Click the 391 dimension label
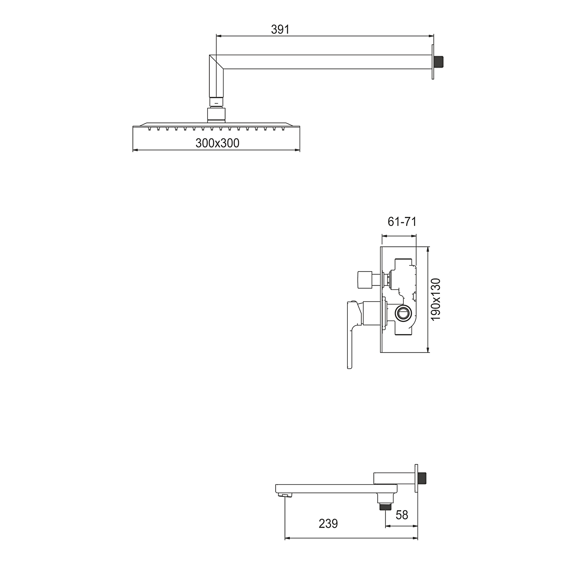pos(280,29)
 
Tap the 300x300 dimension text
pos(217,143)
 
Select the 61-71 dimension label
pos(402,222)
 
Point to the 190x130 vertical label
pos(435,300)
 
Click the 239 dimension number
pos(328,523)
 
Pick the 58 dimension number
pos(402,515)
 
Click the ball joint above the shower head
pos(216,114)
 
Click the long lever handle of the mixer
pos(351,334)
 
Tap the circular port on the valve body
pos(403,313)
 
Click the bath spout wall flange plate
pos(417,478)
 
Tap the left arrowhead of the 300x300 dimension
pos(135,150)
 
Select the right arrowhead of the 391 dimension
pos(431,36)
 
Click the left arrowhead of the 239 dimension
pos(288,538)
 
